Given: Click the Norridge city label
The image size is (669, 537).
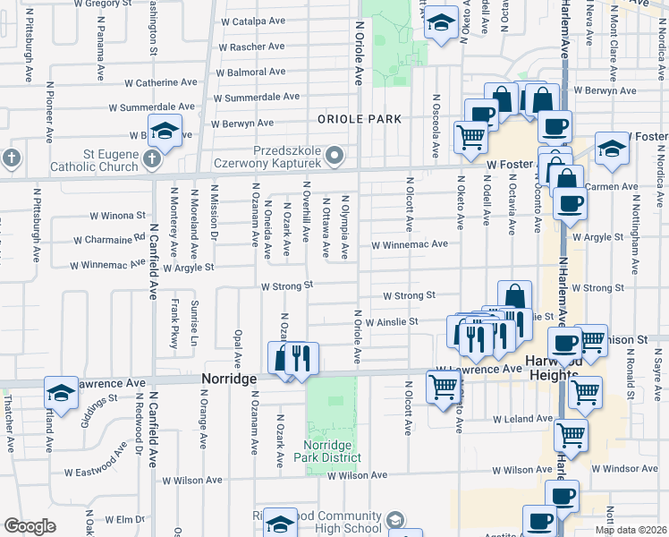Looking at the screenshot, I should coord(229,379).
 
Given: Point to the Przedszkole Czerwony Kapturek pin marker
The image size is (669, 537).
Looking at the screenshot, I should coord(335,157).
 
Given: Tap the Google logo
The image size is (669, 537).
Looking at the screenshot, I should coord(30,526).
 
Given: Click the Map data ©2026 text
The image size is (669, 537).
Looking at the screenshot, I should coord(631,530).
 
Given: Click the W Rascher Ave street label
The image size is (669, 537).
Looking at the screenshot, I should coord(251,47).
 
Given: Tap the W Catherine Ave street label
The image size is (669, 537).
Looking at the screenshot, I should coord(160,82).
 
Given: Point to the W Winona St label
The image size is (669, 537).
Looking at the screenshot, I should coord(118,216).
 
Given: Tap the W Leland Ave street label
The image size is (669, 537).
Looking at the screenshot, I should coord(521,419).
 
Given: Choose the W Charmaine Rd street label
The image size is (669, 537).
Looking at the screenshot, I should coord(114,239).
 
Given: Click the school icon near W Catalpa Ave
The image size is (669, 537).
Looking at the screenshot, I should coord(440,23).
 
